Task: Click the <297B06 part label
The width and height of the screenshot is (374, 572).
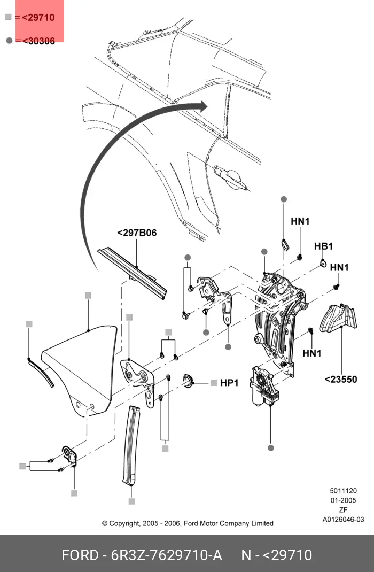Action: (x=137, y=233)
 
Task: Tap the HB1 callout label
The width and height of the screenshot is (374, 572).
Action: (x=323, y=246)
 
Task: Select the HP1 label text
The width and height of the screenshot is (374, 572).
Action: (x=229, y=383)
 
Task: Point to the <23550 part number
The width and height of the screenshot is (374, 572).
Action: (x=341, y=380)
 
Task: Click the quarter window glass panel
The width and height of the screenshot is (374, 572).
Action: (x=81, y=368)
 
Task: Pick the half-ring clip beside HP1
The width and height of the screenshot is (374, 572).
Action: (x=188, y=381)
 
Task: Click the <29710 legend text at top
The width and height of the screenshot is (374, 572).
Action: (x=38, y=18)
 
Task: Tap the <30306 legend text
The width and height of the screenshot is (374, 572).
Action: (x=38, y=41)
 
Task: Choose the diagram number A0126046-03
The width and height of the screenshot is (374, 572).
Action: (x=343, y=520)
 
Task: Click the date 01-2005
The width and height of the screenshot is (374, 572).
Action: (x=343, y=500)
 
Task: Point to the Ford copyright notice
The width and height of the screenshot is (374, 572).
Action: (x=188, y=523)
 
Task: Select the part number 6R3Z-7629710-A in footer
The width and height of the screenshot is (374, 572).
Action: (x=166, y=555)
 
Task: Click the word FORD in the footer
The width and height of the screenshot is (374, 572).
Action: (x=80, y=555)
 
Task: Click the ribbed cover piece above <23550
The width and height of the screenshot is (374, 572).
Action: (x=338, y=318)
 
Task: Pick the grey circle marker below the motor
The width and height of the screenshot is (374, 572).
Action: (x=270, y=448)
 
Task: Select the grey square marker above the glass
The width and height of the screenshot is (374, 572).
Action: (x=88, y=296)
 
